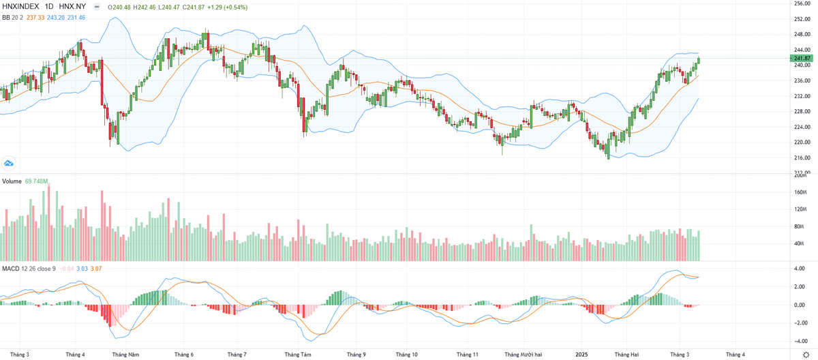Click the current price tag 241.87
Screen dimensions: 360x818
pyautogui.click(x=802, y=59)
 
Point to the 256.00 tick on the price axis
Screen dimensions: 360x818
pyautogui.click(x=802, y=3)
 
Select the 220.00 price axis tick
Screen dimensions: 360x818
pyautogui.click(x=802, y=142)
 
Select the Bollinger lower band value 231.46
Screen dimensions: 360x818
pyautogui.click(x=82, y=17)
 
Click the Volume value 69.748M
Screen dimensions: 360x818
pyautogui.click(x=36, y=182)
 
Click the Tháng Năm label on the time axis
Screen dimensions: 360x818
pyautogui.click(x=125, y=355)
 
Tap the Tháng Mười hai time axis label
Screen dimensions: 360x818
pyautogui.click(x=524, y=355)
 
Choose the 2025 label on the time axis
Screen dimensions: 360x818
pyautogui.click(x=581, y=355)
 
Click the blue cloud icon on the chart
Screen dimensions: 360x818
pyautogui.click(x=9, y=163)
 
